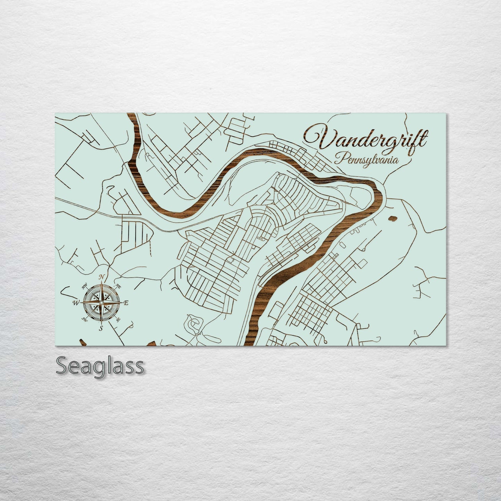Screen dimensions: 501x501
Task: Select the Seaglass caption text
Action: click(100, 365)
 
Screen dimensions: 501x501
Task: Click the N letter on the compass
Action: click(102, 277)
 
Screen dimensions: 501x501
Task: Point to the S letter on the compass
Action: click(101, 328)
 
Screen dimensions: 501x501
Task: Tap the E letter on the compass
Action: click(126, 303)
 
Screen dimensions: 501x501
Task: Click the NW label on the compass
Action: click(84, 286)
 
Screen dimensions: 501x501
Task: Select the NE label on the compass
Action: click(118, 286)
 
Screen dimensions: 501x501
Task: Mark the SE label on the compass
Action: click(118, 319)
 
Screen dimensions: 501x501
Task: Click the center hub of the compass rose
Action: click(101, 303)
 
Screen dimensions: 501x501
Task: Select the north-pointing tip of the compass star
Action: click(101, 283)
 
